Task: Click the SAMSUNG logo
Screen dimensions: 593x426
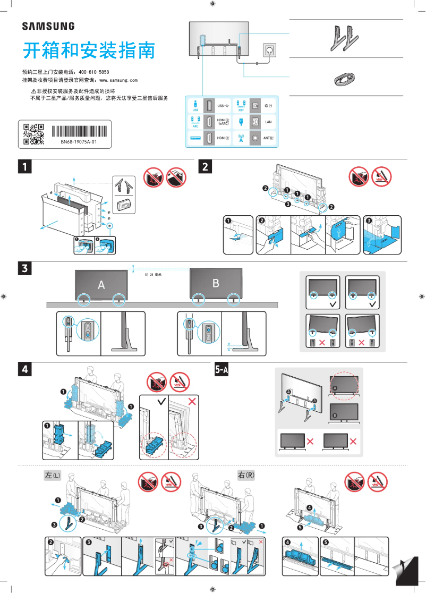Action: coord(48,26)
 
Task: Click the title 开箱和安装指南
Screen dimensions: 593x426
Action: coord(89,51)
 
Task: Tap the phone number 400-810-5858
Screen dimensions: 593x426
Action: coord(93,72)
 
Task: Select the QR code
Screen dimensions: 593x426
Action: coord(33,134)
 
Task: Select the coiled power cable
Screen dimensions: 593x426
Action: coord(346,80)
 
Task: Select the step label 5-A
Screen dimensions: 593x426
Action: coord(221,369)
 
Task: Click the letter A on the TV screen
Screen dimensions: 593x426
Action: coord(101,285)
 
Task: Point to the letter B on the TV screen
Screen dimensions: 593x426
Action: coord(216,283)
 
